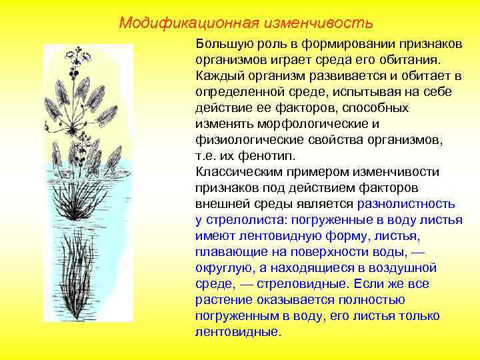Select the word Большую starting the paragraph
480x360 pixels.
click(220, 44)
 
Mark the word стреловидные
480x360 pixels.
click(293, 284)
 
